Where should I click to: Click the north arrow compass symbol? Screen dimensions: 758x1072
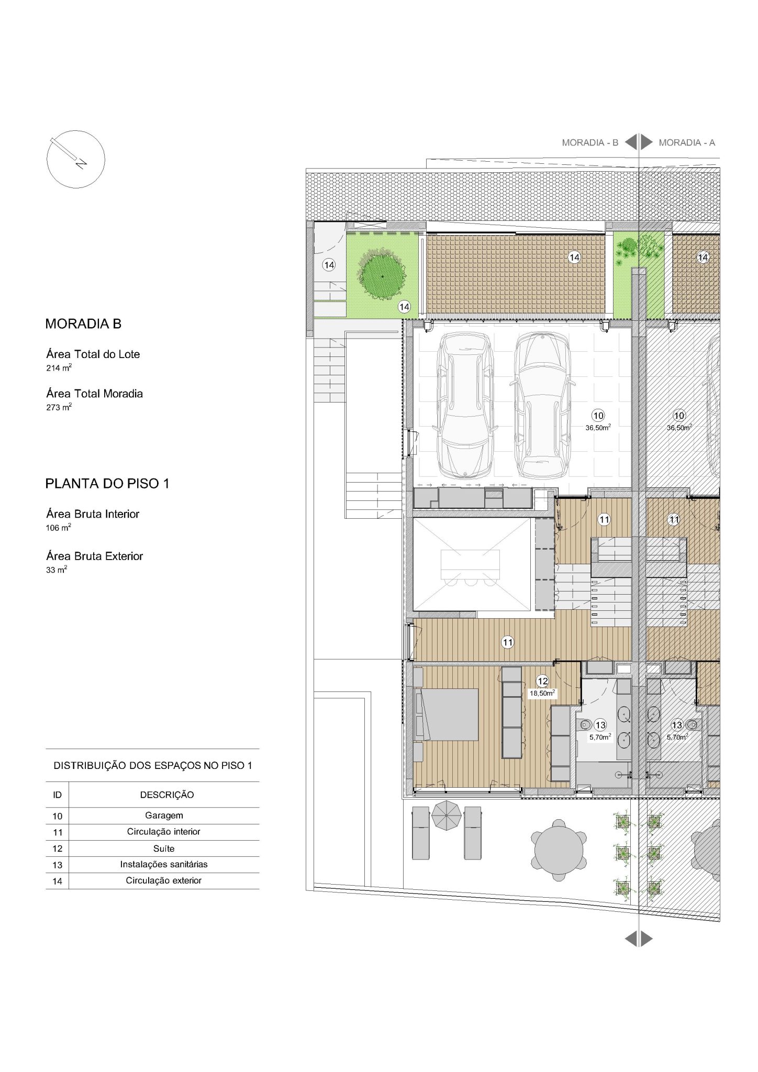[x=76, y=159]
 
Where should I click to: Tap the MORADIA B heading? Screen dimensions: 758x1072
[x=83, y=324]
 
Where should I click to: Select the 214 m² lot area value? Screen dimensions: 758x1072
[x=59, y=367]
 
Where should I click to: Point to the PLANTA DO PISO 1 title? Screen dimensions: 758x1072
[x=107, y=484]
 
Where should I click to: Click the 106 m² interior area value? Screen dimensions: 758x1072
[x=58, y=528]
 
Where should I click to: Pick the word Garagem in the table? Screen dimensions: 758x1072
[x=164, y=816]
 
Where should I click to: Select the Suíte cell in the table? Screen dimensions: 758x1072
[x=164, y=848]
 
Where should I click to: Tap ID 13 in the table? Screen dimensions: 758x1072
[x=57, y=865]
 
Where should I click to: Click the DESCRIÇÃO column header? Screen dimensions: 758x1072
[x=166, y=795]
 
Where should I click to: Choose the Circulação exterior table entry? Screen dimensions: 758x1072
[x=164, y=880]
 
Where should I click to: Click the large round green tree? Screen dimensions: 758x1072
[x=382, y=276]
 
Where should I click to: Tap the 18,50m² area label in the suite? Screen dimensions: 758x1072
[x=542, y=693]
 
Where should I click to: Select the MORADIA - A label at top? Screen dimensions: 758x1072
[x=687, y=142]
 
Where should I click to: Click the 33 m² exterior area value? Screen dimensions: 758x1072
[x=57, y=569]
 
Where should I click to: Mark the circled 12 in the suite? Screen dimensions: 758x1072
[x=542, y=681]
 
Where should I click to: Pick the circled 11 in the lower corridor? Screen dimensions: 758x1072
[x=507, y=642]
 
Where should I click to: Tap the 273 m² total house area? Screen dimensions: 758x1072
[x=59, y=407]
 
